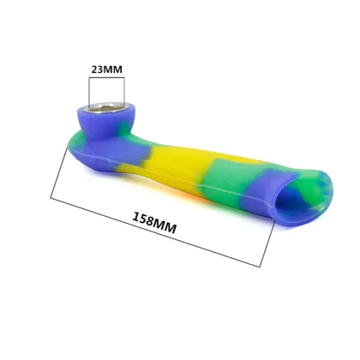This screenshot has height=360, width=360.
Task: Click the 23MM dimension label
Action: coord(106,69)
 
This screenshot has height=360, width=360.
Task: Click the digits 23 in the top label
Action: coord(98,69)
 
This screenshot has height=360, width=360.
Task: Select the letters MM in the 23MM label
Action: coord(113,69)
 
